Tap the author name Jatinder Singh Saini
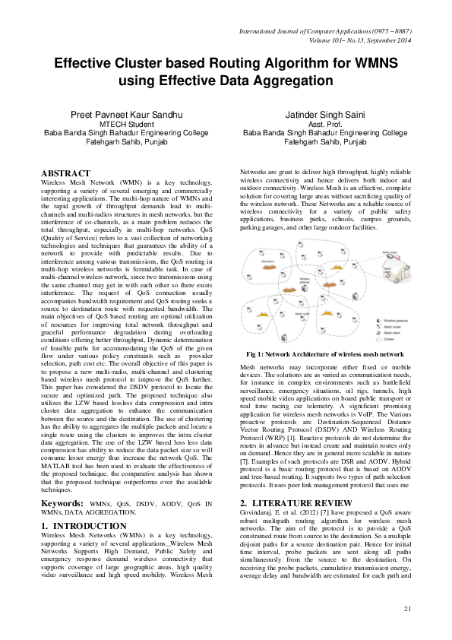(324, 114)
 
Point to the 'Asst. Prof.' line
(324, 123)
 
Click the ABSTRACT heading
(65, 173)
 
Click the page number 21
(407, 608)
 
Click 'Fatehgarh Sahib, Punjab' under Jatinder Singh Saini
(324, 141)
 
